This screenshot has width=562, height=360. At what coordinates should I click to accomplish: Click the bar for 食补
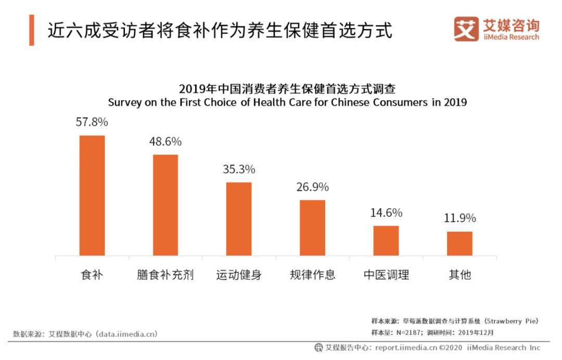[x=92, y=196]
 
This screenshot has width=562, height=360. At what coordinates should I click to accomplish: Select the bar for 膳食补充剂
[x=165, y=205]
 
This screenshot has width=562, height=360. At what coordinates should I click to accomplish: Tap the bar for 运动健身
[x=239, y=219]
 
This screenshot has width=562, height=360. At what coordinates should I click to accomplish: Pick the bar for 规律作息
[x=312, y=228]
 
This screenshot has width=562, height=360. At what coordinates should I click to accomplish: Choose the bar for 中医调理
[x=386, y=241]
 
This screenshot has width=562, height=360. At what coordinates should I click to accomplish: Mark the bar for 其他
[x=459, y=243]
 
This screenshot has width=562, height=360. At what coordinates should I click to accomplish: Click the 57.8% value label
[x=92, y=123]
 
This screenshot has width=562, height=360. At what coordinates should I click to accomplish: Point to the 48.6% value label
[x=165, y=142]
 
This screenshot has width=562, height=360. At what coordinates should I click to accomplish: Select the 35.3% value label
[x=239, y=169]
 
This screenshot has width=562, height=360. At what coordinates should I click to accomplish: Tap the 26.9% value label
[x=312, y=187]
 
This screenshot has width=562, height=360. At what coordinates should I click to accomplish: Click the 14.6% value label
[x=386, y=213]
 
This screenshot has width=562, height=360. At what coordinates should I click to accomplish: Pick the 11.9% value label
[x=459, y=218]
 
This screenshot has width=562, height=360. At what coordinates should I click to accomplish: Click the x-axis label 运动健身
[x=239, y=275]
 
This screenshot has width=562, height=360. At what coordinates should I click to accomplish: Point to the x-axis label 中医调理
[x=386, y=275]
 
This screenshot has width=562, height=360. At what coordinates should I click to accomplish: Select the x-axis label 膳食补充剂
[x=165, y=275]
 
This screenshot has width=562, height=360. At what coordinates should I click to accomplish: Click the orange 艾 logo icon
[x=466, y=29]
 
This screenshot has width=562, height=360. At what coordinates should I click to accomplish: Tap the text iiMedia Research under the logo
[x=510, y=37]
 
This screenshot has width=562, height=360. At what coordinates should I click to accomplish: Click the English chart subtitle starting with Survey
[x=287, y=102]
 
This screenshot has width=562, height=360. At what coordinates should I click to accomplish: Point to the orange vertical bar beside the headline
[x=32, y=30]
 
